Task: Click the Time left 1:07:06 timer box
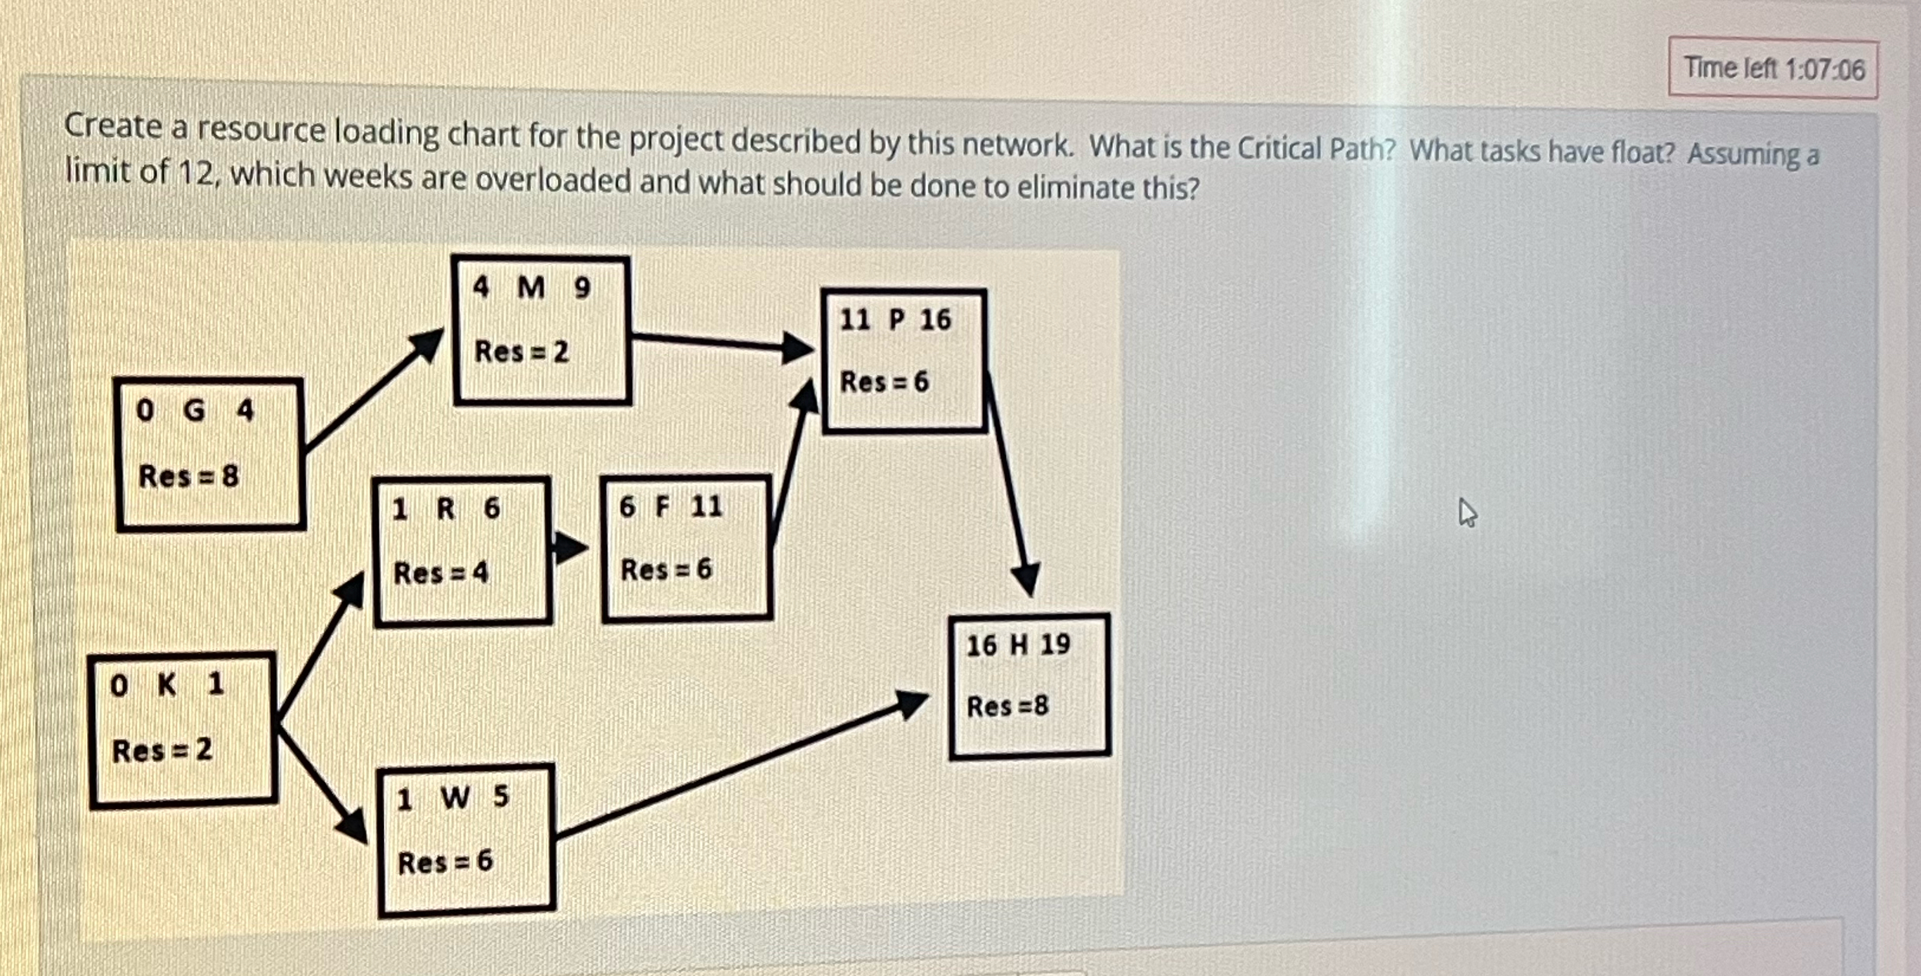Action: pos(1772,69)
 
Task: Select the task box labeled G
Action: pos(209,454)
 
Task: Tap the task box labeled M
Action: pos(542,330)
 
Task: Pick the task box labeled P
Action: pos(904,361)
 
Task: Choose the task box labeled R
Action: pos(463,550)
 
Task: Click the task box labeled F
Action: pos(687,547)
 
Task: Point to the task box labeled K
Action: pos(182,730)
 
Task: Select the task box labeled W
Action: pos(466,840)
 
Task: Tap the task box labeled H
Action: pos(1029,686)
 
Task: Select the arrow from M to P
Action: pos(720,342)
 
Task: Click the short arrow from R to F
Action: pos(570,548)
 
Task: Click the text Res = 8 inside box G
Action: pos(189,476)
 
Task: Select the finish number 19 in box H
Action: pos(1055,644)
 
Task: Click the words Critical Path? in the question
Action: pos(1315,149)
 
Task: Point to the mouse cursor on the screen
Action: pos(1467,513)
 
